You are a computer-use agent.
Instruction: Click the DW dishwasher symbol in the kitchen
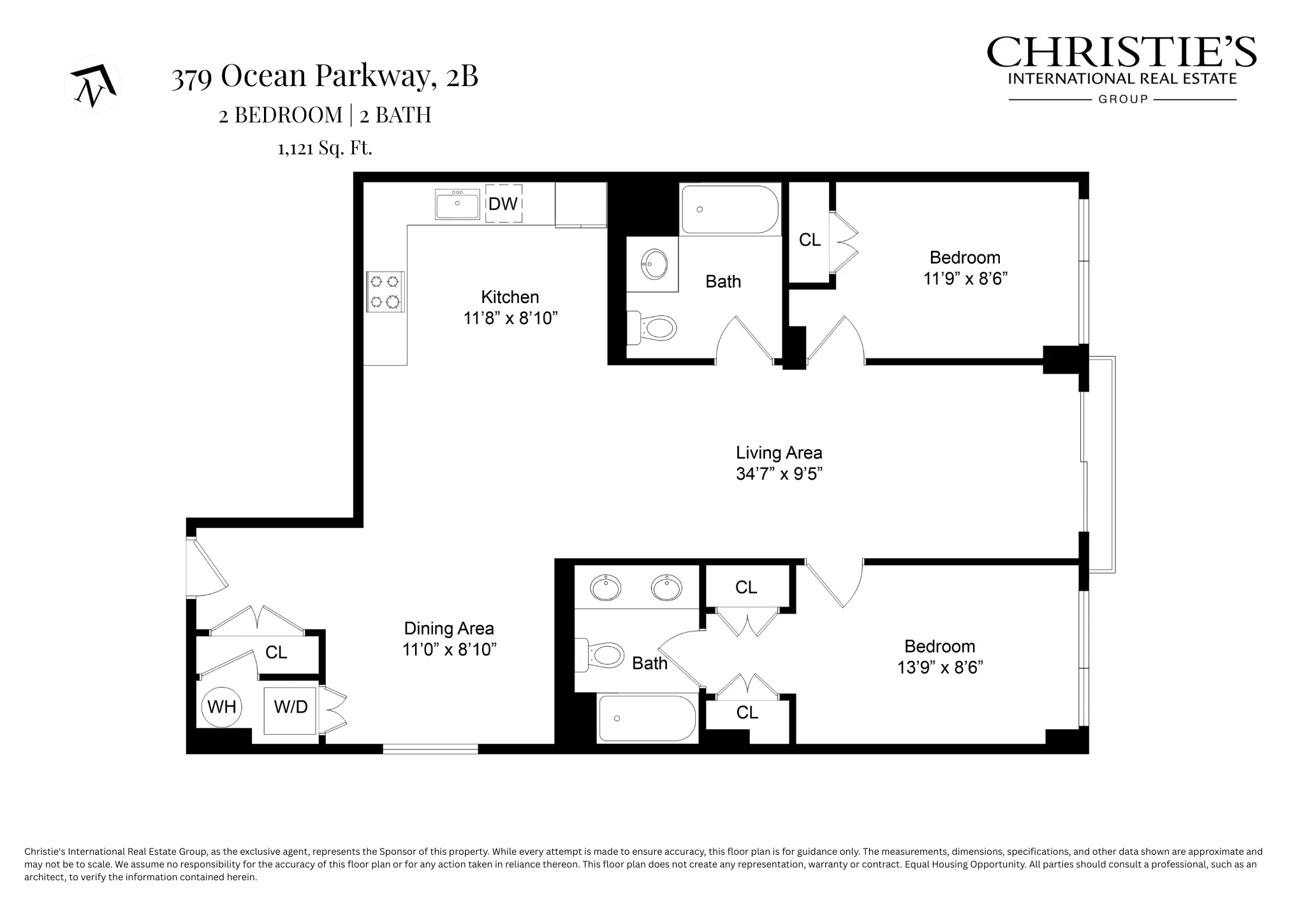pyautogui.click(x=503, y=203)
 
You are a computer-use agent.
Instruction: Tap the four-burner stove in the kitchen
pyautogui.click(x=385, y=292)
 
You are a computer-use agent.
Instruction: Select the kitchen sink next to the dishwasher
pyautogui.click(x=457, y=204)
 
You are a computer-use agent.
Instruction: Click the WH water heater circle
pyautogui.click(x=222, y=707)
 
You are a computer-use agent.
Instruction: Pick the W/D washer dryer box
pyautogui.click(x=291, y=707)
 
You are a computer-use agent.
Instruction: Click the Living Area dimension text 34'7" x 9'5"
pyautogui.click(x=779, y=474)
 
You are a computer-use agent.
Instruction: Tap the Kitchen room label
pyautogui.click(x=510, y=297)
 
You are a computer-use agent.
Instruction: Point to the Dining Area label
pyautogui.click(x=449, y=629)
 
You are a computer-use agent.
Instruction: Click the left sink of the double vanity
pyautogui.click(x=606, y=588)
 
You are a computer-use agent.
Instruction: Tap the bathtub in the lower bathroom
pyautogui.click(x=647, y=719)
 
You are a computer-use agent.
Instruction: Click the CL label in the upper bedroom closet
pyautogui.click(x=809, y=240)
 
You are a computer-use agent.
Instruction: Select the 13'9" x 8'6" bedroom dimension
pyautogui.click(x=940, y=668)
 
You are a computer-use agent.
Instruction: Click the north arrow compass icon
pyautogui.click(x=93, y=85)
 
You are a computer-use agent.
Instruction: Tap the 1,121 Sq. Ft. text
pyautogui.click(x=325, y=149)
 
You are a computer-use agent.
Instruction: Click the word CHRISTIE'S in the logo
pyautogui.click(x=1121, y=52)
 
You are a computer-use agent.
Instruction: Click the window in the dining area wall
pyautogui.click(x=430, y=749)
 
